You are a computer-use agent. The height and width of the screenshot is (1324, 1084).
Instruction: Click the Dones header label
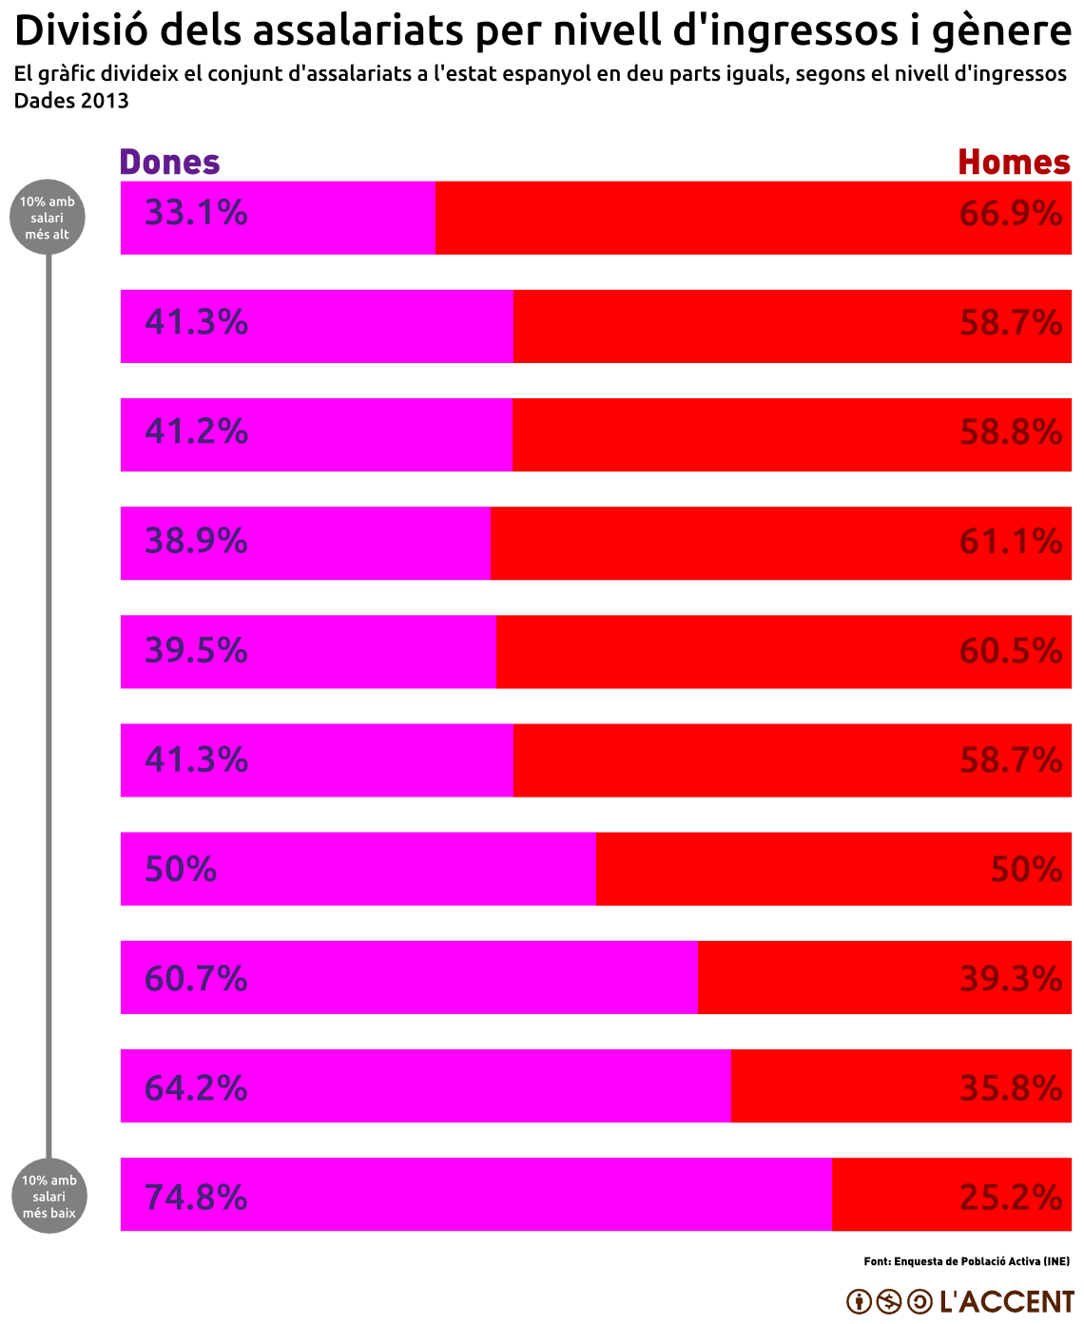pos(169,163)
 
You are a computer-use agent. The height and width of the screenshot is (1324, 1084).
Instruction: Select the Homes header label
pos(1014,163)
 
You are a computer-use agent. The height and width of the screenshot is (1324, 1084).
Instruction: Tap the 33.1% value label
pos(196,213)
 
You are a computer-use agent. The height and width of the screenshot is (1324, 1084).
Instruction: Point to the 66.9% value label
pos(1011,214)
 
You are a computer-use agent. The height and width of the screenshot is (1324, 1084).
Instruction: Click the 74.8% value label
pos(196,1197)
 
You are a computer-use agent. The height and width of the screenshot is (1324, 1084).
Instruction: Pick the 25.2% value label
pos(1011,1197)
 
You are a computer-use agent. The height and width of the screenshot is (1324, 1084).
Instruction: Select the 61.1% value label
pos(1011,542)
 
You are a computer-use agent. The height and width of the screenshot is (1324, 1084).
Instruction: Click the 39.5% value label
pos(196,651)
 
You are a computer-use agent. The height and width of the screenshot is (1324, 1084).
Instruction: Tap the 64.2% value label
pos(196,1087)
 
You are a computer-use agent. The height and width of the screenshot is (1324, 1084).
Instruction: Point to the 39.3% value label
pos(1011,978)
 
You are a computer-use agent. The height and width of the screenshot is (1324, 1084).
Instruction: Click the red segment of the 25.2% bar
pos(894,1195)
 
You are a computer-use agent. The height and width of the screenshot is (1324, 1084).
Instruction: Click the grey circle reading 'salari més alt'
pos(48,218)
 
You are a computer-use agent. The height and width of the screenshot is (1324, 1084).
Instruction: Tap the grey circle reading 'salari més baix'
pos(49,1196)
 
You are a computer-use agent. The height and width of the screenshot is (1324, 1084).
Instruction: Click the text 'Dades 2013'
pos(71,100)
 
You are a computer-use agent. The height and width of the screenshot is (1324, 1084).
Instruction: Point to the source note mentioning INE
pos(966,1261)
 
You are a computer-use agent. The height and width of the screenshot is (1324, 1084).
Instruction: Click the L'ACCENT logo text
pos(1006,1301)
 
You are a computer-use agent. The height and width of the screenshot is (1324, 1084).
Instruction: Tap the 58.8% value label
pos(1011,432)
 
